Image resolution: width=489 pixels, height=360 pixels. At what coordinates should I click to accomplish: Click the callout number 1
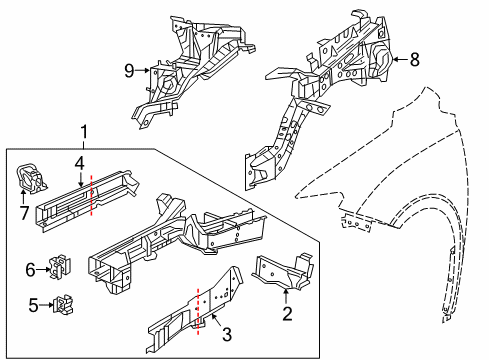84,131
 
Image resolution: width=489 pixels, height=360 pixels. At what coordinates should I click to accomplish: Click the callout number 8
415,60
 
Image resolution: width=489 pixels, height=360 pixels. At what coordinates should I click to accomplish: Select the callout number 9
127,70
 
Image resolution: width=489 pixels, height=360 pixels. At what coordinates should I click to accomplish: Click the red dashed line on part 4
92,193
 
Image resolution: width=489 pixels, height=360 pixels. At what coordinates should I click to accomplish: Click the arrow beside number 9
144,70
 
